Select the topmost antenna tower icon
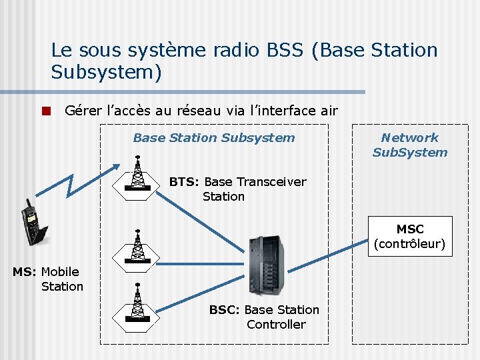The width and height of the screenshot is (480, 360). [137, 174]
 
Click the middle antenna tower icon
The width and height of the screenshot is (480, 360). [137, 247]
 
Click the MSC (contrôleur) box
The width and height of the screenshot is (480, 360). [409, 236]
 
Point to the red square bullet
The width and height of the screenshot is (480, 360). [45, 111]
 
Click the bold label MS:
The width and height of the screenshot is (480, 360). [25, 272]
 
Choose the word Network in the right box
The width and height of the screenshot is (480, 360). [409, 138]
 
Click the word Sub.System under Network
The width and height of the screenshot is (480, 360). [409, 153]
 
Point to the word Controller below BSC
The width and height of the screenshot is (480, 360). [276, 325]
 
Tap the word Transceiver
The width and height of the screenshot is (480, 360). [269, 182]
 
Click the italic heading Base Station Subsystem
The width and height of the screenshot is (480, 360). [213, 138]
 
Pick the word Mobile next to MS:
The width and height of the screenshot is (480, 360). [60, 272]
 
